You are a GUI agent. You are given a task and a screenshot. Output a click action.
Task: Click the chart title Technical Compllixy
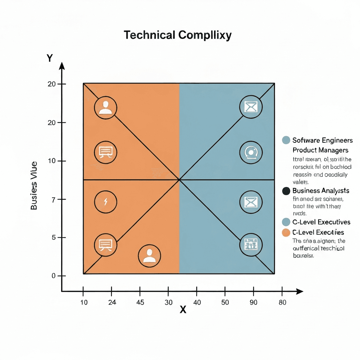178,35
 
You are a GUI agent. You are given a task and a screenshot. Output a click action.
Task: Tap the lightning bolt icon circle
106,202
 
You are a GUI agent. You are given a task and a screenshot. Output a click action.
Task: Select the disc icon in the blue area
251,153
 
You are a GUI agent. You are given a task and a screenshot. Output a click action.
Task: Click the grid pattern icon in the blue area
251,244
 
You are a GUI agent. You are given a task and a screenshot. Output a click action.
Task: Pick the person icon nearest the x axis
149,256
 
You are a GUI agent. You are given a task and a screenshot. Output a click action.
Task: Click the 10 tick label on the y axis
52,161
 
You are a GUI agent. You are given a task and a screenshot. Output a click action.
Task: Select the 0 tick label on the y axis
54,276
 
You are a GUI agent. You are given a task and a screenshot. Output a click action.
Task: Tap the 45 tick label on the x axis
140,302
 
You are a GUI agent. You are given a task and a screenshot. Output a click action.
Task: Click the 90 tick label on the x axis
253,302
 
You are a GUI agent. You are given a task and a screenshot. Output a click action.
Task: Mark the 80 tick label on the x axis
282,302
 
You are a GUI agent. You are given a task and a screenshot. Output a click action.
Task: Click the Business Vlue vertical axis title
34,185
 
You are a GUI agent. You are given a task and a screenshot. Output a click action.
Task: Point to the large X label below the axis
183,310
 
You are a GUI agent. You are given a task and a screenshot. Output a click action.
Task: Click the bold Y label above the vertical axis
50,58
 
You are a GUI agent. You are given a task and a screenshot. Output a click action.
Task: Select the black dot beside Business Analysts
286,191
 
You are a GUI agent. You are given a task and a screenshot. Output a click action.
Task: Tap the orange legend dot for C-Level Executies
286,232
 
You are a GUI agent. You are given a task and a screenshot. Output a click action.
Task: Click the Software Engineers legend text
322,140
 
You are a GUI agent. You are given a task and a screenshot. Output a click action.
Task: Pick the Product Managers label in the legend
320,150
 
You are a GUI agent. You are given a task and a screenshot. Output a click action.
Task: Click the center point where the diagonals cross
179,180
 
